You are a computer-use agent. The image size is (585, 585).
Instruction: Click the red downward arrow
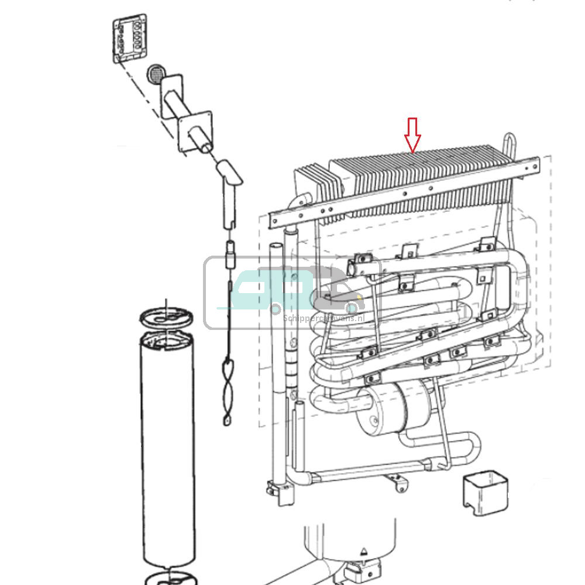click(413, 134)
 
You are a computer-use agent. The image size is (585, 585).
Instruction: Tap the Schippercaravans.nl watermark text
click(323, 318)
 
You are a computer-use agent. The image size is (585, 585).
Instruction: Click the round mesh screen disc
click(156, 74)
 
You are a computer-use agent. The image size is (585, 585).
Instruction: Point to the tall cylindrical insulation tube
click(168, 450)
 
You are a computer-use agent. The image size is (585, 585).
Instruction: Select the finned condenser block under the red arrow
click(421, 175)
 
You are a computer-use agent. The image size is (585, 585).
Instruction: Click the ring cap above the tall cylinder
click(166, 317)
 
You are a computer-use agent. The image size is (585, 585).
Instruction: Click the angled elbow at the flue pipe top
click(229, 175)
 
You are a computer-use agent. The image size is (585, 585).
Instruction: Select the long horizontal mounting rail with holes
click(404, 191)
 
